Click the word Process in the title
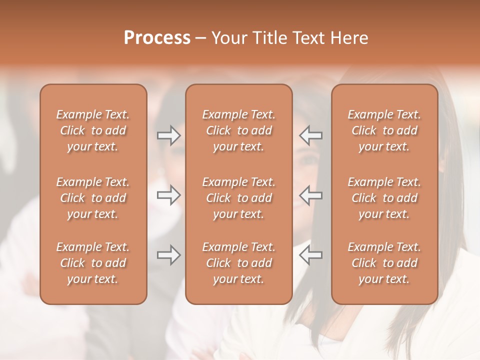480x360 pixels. pos(157,38)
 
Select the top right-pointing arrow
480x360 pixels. pos(168,135)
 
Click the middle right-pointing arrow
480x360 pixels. pos(168,195)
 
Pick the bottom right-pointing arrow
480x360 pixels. pos(168,255)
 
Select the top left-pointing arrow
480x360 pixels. pos(311,135)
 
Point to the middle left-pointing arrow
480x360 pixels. pos(311,195)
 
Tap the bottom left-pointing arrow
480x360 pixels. pos(311,255)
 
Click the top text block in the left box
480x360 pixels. pos(93,130)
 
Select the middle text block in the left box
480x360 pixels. pos(93,198)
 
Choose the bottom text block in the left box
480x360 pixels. pos(93,263)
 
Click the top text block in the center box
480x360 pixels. pos(239,130)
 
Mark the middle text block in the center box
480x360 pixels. pos(239,198)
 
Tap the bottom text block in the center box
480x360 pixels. pos(239,263)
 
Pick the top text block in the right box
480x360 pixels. pos(384,130)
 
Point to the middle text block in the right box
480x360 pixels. pos(384,198)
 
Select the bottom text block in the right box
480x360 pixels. pos(384,263)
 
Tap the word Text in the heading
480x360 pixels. pos(307,38)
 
